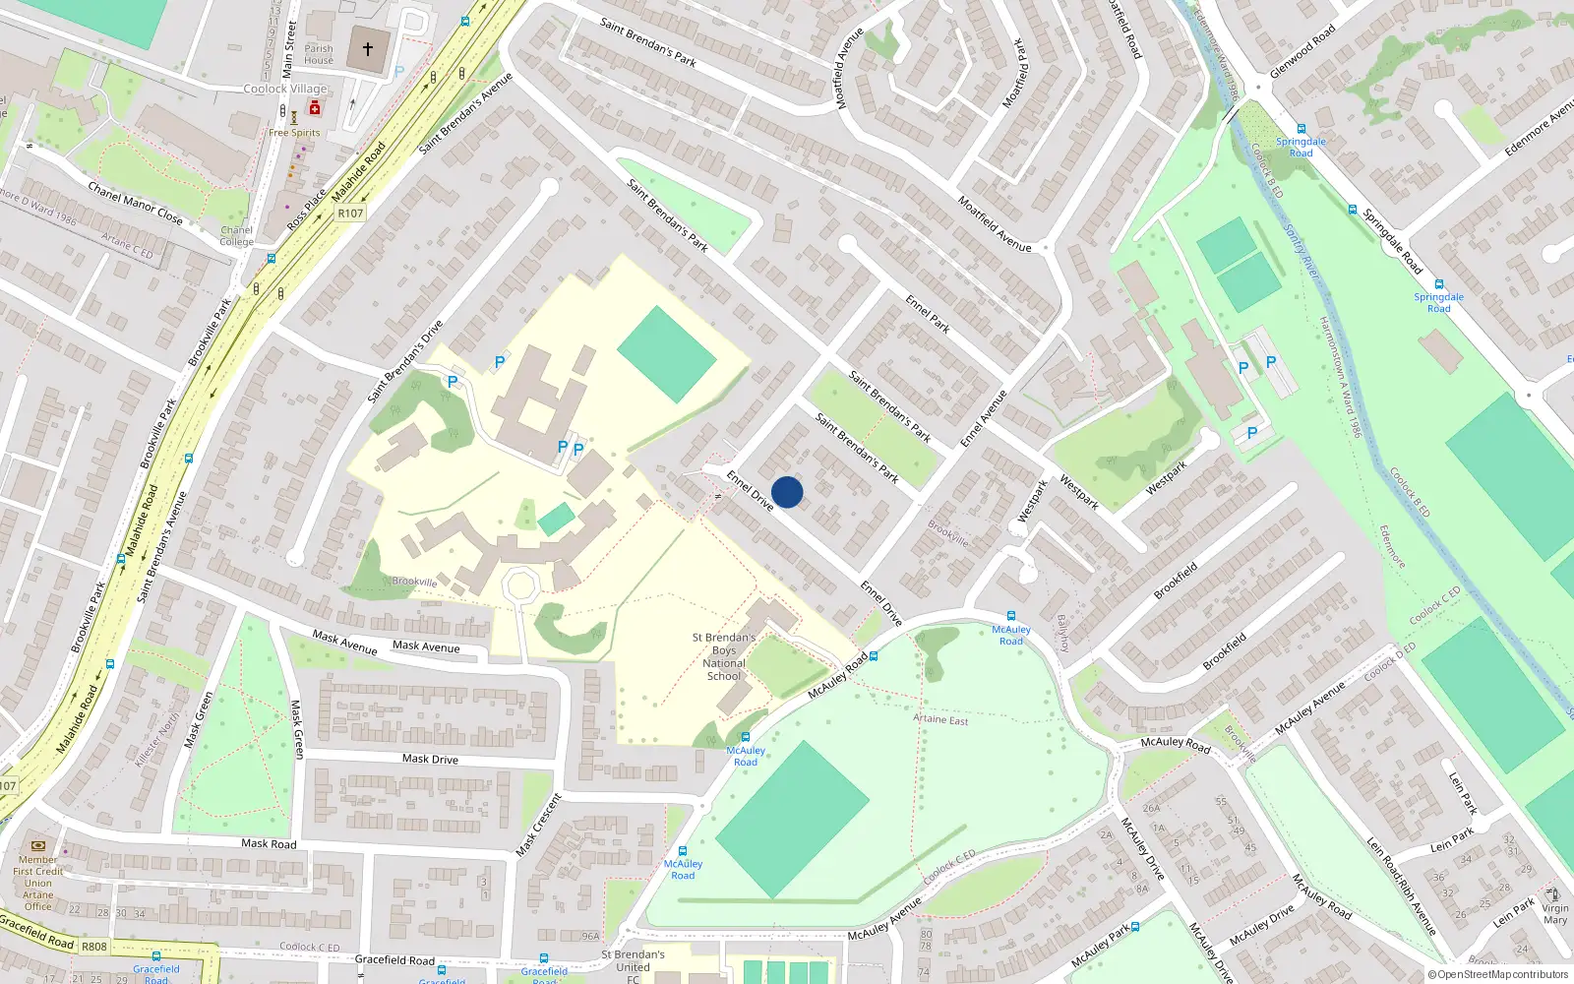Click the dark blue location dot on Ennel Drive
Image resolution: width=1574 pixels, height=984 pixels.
point(787,492)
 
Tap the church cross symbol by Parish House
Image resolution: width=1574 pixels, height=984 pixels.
point(368,48)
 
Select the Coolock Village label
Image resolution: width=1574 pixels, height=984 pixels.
point(285,89)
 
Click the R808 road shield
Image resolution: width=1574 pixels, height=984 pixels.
point(94,947)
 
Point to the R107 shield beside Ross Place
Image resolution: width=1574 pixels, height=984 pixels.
point(350,213)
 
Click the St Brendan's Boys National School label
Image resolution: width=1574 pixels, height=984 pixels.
point(724,656)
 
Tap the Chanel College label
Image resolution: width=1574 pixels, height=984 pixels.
point(236,236)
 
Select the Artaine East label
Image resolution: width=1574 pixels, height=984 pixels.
point(940,719)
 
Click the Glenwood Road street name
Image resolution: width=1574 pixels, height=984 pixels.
point(1302,51)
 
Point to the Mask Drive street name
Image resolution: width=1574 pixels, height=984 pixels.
point(430,759)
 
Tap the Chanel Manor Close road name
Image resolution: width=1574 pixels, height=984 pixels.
point(135,203)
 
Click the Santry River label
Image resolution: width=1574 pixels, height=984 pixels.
point(1301,251)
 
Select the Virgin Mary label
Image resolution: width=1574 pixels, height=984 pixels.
point(1555,914)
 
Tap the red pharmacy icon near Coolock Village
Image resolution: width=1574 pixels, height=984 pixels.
point(315,108)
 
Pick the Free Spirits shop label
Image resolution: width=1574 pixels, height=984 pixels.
point(294,133)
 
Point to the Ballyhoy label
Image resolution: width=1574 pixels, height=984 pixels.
point(1062,634)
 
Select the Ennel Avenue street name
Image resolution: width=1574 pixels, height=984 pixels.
point(984,418)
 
